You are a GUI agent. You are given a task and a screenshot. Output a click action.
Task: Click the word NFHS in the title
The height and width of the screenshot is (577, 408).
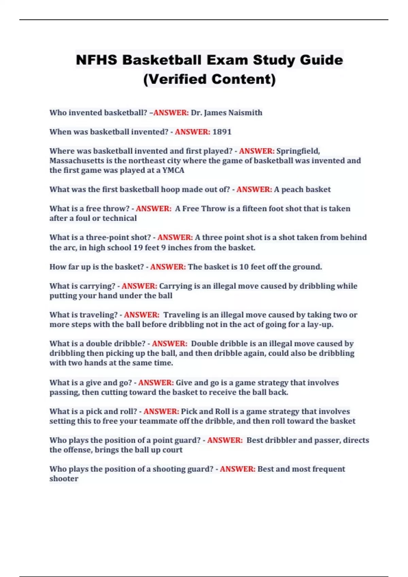[97, 60]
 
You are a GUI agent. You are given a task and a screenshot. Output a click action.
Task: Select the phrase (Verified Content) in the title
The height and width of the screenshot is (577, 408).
[209, 79]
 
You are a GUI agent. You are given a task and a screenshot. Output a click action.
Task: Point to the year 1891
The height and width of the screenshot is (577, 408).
[222, 132]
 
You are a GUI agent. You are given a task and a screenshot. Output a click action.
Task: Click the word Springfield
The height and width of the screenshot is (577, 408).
[298, 151]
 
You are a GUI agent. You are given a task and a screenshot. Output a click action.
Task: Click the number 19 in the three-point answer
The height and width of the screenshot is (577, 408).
[138, 248]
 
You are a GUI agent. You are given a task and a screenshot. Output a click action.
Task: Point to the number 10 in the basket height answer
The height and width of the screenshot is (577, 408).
[244, 267]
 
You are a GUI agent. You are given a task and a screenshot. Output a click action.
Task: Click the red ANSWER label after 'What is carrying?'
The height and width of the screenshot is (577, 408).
[139, 286]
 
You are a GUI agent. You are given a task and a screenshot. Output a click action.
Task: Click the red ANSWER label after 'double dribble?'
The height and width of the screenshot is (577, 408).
[169, 344]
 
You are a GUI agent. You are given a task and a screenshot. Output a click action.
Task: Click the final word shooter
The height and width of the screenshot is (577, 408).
[64, 479]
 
